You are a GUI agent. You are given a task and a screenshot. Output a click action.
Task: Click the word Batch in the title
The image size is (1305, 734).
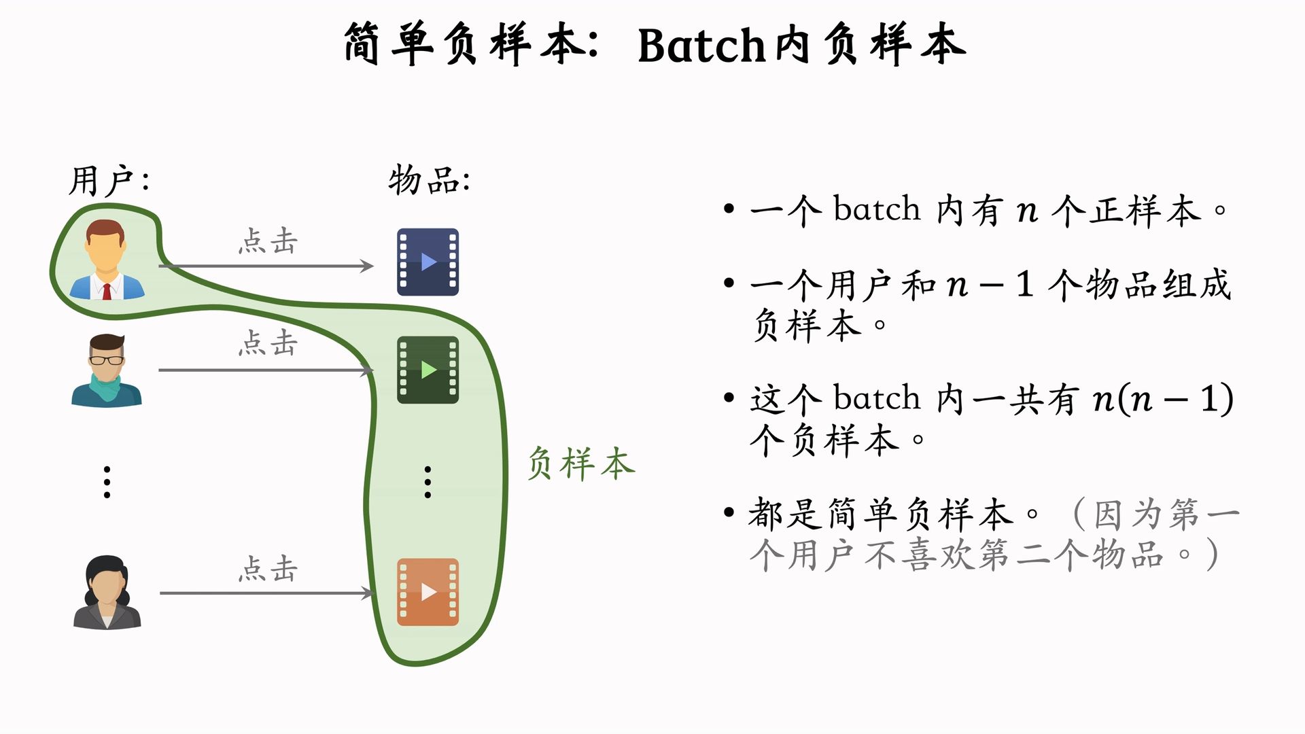pos(701,46)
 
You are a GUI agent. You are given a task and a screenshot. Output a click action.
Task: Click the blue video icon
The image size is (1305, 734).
pos(428,262)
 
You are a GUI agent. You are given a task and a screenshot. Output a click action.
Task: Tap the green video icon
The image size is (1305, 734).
pos(428,370)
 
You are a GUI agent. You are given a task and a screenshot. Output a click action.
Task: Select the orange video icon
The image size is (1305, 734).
pos(428,592)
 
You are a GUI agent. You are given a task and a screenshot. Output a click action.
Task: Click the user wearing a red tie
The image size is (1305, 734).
pos(107,260)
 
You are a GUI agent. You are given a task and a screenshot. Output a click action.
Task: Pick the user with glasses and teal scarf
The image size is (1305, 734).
pos(107,370)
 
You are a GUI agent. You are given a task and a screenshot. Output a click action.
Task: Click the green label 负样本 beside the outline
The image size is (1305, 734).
pos(581,464)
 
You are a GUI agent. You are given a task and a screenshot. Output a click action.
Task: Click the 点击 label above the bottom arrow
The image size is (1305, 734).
pos(268,569)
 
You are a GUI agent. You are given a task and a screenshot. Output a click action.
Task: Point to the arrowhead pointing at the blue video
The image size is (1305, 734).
pos(367,266)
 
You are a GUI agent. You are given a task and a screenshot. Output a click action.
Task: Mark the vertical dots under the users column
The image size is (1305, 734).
pos(107,483)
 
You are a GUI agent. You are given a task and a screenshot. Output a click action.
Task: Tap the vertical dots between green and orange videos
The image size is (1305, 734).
pos(428,483)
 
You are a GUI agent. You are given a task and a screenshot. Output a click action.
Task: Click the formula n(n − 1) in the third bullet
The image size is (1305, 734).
pos(1163,399)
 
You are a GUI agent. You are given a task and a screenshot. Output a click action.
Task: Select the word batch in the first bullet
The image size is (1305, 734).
pos(877,209)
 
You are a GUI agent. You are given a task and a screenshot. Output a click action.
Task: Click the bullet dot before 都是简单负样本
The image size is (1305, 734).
pos(729,512)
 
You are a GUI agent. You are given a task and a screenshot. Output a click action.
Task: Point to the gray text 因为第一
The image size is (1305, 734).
pos(1166,514)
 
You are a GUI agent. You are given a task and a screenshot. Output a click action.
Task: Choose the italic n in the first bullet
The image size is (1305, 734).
pos(1027,211)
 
